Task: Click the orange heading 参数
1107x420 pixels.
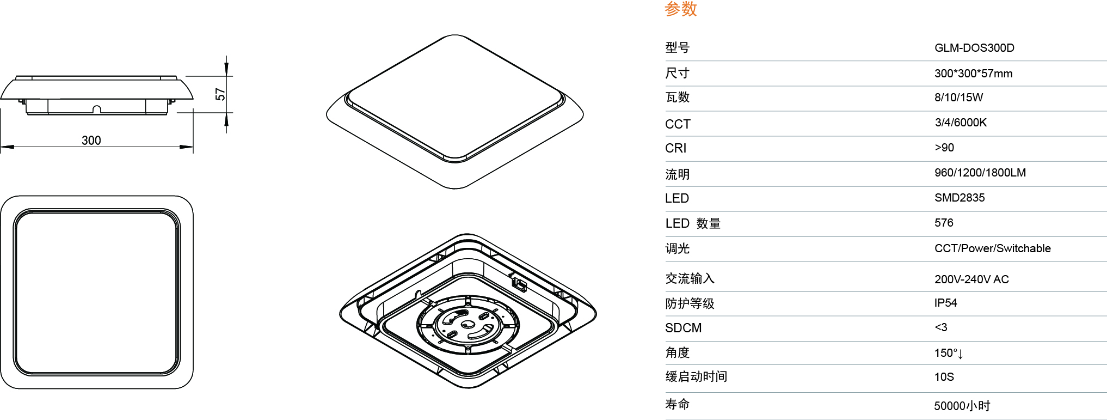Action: (681, 9)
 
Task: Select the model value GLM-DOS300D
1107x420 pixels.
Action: (974, 48)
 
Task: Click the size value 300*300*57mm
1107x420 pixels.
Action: (973, 74)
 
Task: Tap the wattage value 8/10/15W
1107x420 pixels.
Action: (958, 98)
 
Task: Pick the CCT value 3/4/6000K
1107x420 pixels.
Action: (961, 123)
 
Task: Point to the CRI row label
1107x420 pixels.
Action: (675, 148)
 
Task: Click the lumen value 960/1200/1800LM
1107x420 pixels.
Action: (980, 173)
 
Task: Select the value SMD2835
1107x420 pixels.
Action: (960, 198)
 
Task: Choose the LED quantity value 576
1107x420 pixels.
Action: (944, 223)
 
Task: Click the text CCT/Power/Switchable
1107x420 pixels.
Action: (992, 248)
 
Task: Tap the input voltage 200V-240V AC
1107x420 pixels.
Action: (971, 279)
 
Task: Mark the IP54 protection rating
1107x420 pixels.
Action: (945, 303)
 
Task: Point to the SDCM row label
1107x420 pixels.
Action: (683, 328)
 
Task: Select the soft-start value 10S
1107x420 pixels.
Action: (944, 377)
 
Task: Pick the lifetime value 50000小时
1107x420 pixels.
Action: (962, 406)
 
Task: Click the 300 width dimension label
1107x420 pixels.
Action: (91, 141)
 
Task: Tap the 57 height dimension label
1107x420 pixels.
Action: (220, 94)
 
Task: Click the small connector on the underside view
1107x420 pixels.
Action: (519, 283)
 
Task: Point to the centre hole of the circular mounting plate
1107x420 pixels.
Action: (468, 325)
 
